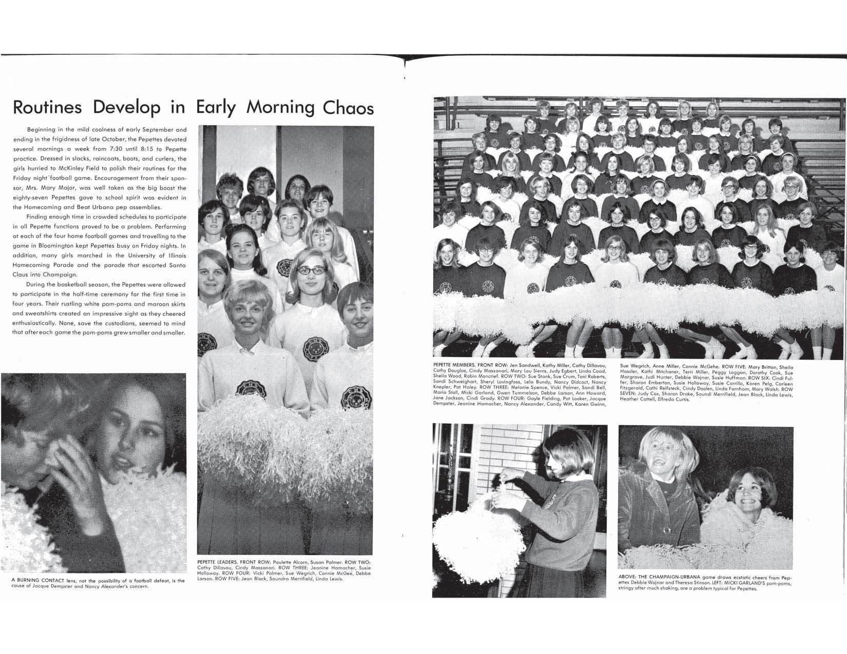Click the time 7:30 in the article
pos(121,148)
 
